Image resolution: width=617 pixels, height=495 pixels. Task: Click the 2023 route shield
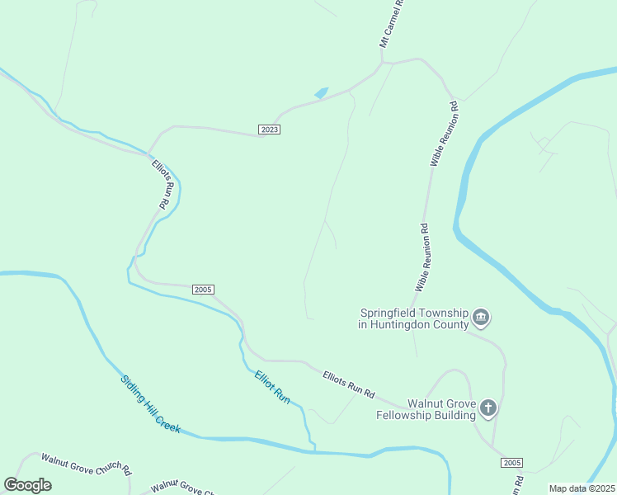270,130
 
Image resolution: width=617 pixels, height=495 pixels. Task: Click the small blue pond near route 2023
321,92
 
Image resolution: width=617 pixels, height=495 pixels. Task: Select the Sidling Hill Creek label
150,405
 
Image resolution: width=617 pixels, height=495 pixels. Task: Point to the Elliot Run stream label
272,387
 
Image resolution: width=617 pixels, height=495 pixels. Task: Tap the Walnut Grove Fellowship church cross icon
488,408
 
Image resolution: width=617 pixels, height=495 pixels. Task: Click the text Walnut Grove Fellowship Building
425,409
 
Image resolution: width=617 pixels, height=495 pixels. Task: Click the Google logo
27,485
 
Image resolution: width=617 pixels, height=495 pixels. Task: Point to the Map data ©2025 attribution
582,488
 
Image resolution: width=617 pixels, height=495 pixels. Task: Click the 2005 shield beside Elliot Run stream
204,290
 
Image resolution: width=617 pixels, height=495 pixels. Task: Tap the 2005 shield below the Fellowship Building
511,462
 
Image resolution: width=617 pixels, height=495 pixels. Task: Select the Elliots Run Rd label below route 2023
164,184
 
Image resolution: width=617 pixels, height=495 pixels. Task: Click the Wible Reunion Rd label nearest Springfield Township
421,257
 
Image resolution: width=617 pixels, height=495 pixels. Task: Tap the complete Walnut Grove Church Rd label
86,465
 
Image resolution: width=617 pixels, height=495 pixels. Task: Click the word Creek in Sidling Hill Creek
166,421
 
